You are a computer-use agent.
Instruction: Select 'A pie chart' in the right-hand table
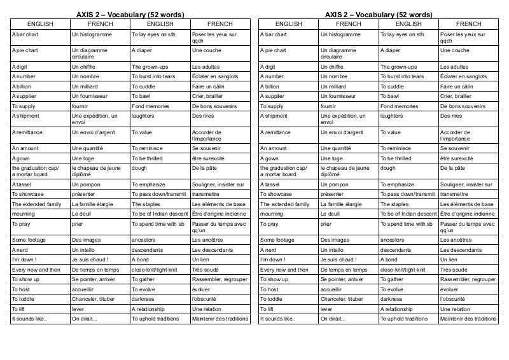coord(274,50)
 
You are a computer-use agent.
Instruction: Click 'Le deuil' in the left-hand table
coord(81,214)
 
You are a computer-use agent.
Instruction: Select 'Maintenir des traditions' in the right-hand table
coord(468,319)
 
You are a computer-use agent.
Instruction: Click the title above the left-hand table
coord(130,15)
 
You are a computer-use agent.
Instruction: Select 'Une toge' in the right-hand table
coord(332,157)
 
